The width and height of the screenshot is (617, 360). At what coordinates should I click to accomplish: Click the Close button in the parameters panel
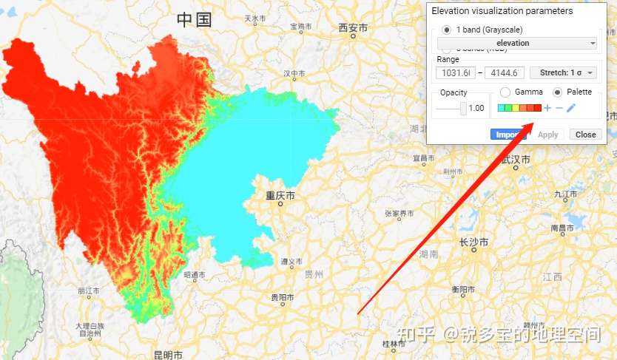click(585, 135)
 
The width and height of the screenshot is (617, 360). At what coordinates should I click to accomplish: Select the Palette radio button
click(558, 92)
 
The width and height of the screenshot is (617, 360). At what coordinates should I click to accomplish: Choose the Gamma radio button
click(505, 92)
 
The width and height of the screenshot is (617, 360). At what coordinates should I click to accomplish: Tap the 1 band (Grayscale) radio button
click(446, 30)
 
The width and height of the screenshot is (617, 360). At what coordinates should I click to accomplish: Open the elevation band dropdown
click(517, 43)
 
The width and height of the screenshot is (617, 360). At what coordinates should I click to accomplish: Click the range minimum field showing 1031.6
click(455, 72)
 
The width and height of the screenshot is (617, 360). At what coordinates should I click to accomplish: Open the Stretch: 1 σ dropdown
click(564, 72)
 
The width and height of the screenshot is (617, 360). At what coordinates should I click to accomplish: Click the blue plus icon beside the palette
click(547, 109)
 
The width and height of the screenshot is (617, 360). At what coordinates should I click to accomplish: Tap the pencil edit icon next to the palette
click(571, 109)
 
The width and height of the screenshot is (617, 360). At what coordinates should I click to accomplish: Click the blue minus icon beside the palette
click(559, 109)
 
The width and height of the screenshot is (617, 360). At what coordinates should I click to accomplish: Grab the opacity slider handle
click(463, 108)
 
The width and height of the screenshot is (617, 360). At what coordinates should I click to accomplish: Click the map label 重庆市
click(280, 196)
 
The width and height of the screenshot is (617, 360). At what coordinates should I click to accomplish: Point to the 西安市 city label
click(353, 28)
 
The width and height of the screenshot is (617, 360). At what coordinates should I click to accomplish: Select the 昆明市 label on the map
click(168, 355)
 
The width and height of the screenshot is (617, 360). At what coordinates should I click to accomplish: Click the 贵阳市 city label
click(282, 297)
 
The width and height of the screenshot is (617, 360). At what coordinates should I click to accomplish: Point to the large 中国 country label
click(194, 20)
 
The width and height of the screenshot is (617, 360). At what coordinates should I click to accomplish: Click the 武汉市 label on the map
click(516, 159)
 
